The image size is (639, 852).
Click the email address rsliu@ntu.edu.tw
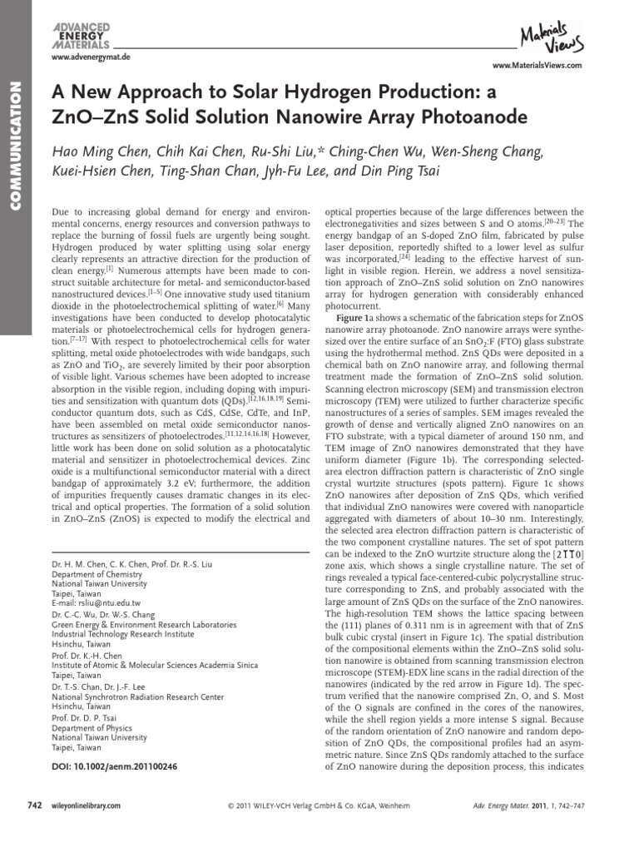(111, 603)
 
